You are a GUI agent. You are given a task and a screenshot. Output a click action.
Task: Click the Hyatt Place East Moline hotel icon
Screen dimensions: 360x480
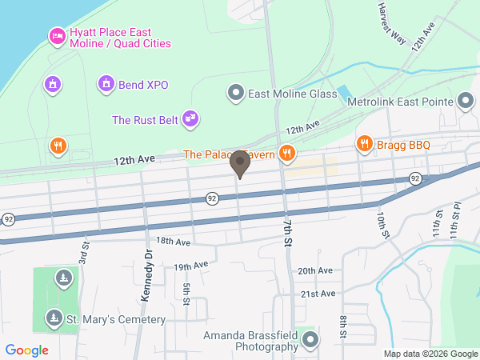coord(56,36)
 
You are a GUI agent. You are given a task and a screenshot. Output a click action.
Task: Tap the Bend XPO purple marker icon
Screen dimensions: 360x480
coord(106,84)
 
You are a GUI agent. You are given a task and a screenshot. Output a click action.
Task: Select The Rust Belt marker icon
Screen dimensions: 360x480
coord(190,119)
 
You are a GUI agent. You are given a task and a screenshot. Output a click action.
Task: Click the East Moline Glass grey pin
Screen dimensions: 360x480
coord(235,94)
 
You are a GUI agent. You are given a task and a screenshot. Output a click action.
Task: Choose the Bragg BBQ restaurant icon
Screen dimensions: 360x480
coord(364,144)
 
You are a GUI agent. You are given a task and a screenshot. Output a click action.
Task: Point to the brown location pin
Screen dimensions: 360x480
coord(239,164)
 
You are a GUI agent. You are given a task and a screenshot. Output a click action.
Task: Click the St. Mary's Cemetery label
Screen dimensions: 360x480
coord(115,320)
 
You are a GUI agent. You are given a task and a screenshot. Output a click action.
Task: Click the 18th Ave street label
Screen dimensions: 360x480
coord(174,241)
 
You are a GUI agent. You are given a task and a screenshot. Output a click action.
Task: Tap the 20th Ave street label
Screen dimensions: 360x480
coord(314,271)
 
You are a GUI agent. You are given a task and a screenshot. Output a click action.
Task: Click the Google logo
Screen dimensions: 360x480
coord(27,350)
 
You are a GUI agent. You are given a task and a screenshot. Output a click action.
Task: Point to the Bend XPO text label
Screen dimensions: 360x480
coord(144,85)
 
